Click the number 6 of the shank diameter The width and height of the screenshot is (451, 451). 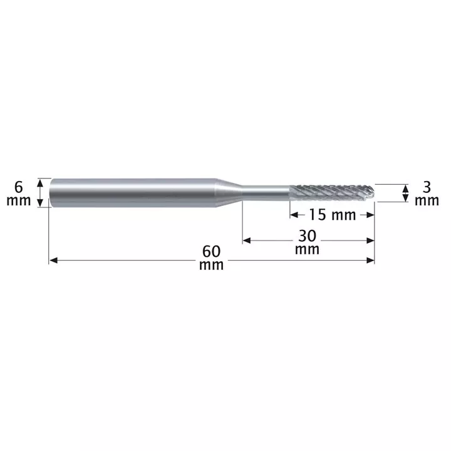pos(18,187)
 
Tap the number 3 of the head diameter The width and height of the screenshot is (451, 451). pos(427,187)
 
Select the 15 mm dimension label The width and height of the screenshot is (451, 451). pos(332,215)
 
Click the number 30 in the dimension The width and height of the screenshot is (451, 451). pos(307,236)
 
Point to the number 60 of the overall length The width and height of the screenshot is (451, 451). pos(212,251)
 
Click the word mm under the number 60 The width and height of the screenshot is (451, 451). pos(212,265)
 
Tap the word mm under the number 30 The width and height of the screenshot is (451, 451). pos(307,250)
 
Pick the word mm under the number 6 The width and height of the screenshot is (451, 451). pos(18,201)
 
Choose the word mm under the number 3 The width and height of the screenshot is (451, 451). pos(427,201)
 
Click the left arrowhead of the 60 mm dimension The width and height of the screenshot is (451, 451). pos(53,261)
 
